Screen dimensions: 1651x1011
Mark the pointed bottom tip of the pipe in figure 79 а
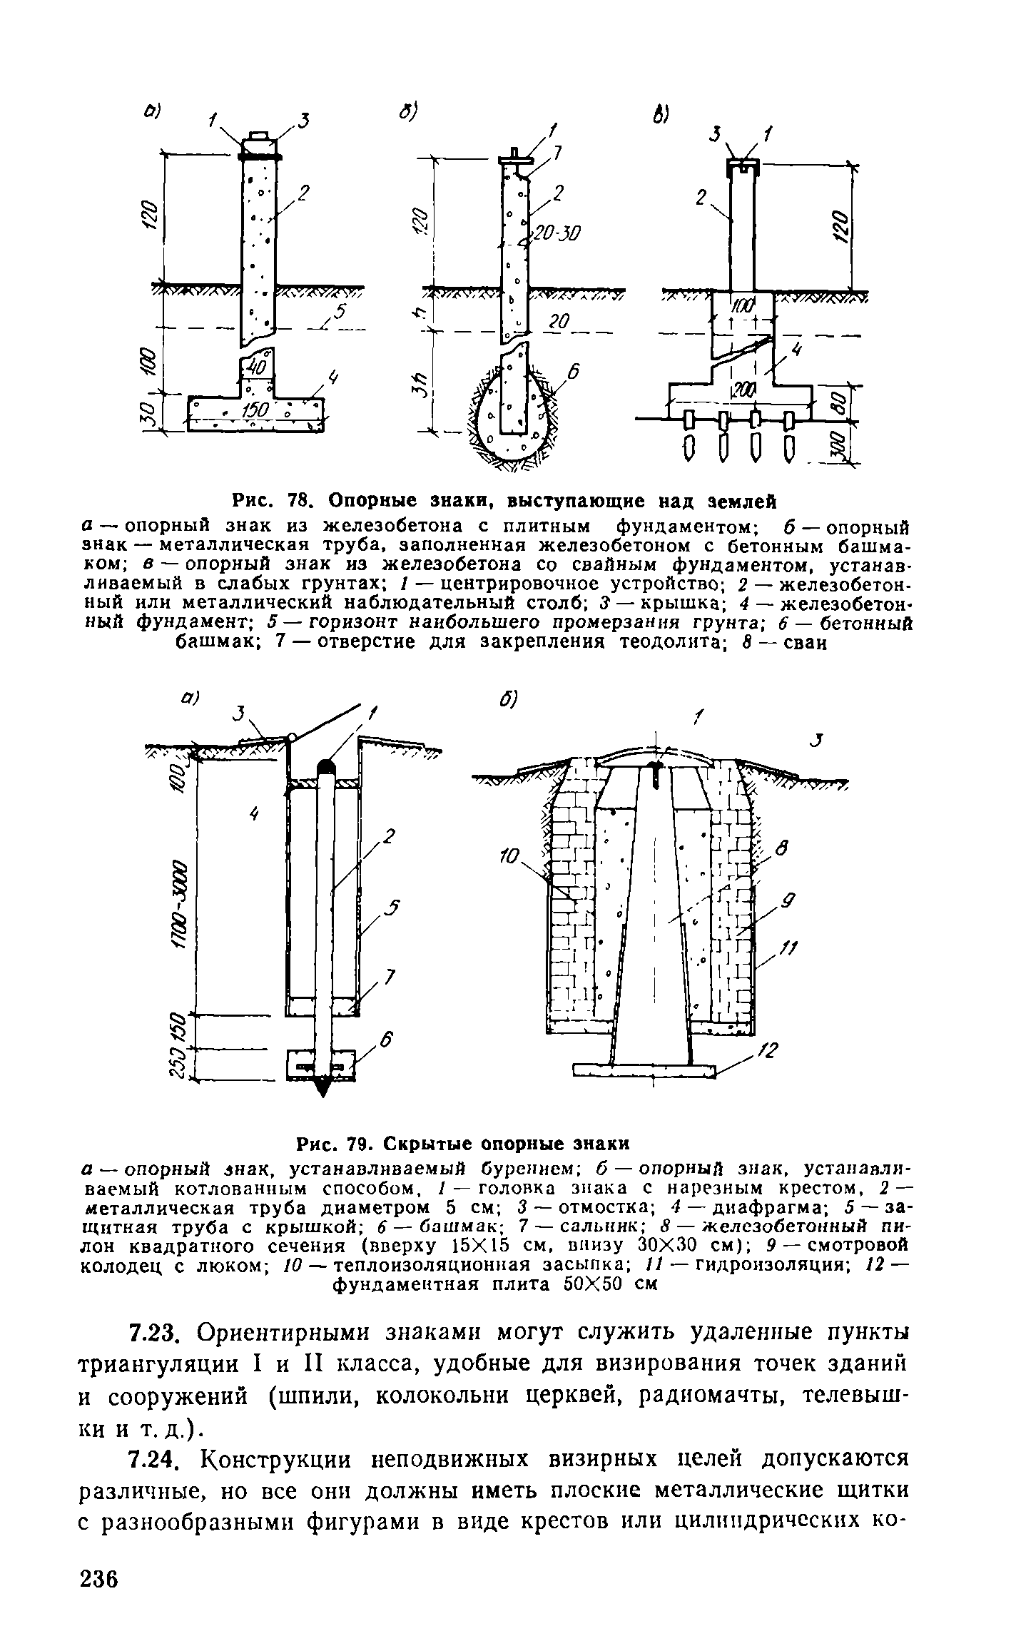[324, 1091]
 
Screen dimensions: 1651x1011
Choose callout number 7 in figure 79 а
[390, 977]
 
